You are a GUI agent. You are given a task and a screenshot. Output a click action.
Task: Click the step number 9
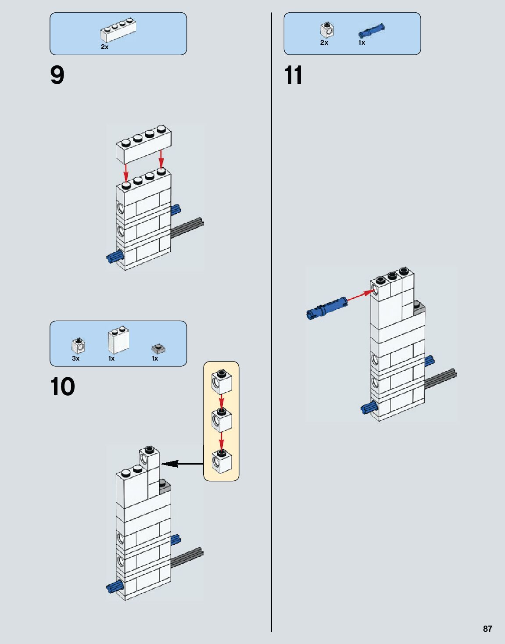click(57, 75)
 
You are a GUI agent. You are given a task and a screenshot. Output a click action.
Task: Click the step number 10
click(63, 387)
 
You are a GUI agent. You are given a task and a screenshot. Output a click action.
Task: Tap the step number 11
click(293, 75)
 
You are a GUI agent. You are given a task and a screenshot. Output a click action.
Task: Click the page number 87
click(487, 629)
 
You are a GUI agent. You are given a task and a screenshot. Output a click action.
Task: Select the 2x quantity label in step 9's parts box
click(104, 47)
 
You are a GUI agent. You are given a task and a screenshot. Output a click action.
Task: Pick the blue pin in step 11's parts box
click(371, 31)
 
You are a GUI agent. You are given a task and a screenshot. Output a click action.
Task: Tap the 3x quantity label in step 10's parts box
click(76, 358)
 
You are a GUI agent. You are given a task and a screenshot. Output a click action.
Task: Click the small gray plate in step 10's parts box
click(158, 349)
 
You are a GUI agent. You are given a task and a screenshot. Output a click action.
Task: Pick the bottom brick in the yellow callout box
click(222, 461)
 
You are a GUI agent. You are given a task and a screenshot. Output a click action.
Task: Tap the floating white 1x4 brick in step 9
click(143, 144)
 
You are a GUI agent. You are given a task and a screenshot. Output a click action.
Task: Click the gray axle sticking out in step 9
click(187, 227)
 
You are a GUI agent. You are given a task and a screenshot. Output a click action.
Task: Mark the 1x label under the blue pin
click(362, 43)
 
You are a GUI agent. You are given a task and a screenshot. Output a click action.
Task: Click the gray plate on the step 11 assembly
click(419, 308)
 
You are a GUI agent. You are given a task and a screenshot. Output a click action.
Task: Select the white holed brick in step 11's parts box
click(327, 30)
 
